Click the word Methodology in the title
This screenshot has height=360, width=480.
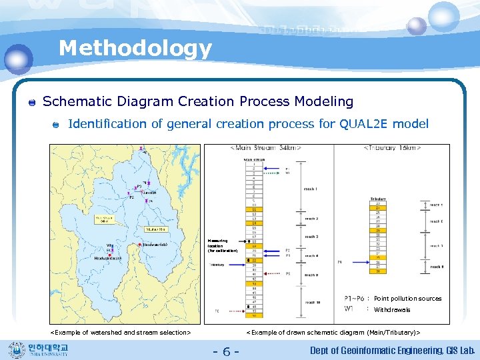pyautogui.click(x=135, y=48)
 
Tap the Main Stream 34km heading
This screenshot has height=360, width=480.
pyautogui.click(x=265, y=147)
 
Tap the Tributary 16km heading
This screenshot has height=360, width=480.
pyautogui.click(x=391, y=147)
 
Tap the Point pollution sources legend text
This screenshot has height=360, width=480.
pyautogui.click(x=407, y=299)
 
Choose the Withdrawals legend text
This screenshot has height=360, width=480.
pyautogui.click(x=392, y=310)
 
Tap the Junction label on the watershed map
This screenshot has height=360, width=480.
pyautogui.click(x=150, y=192)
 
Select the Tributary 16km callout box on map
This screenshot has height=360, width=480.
pyautogui.click(x=156, y=229)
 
